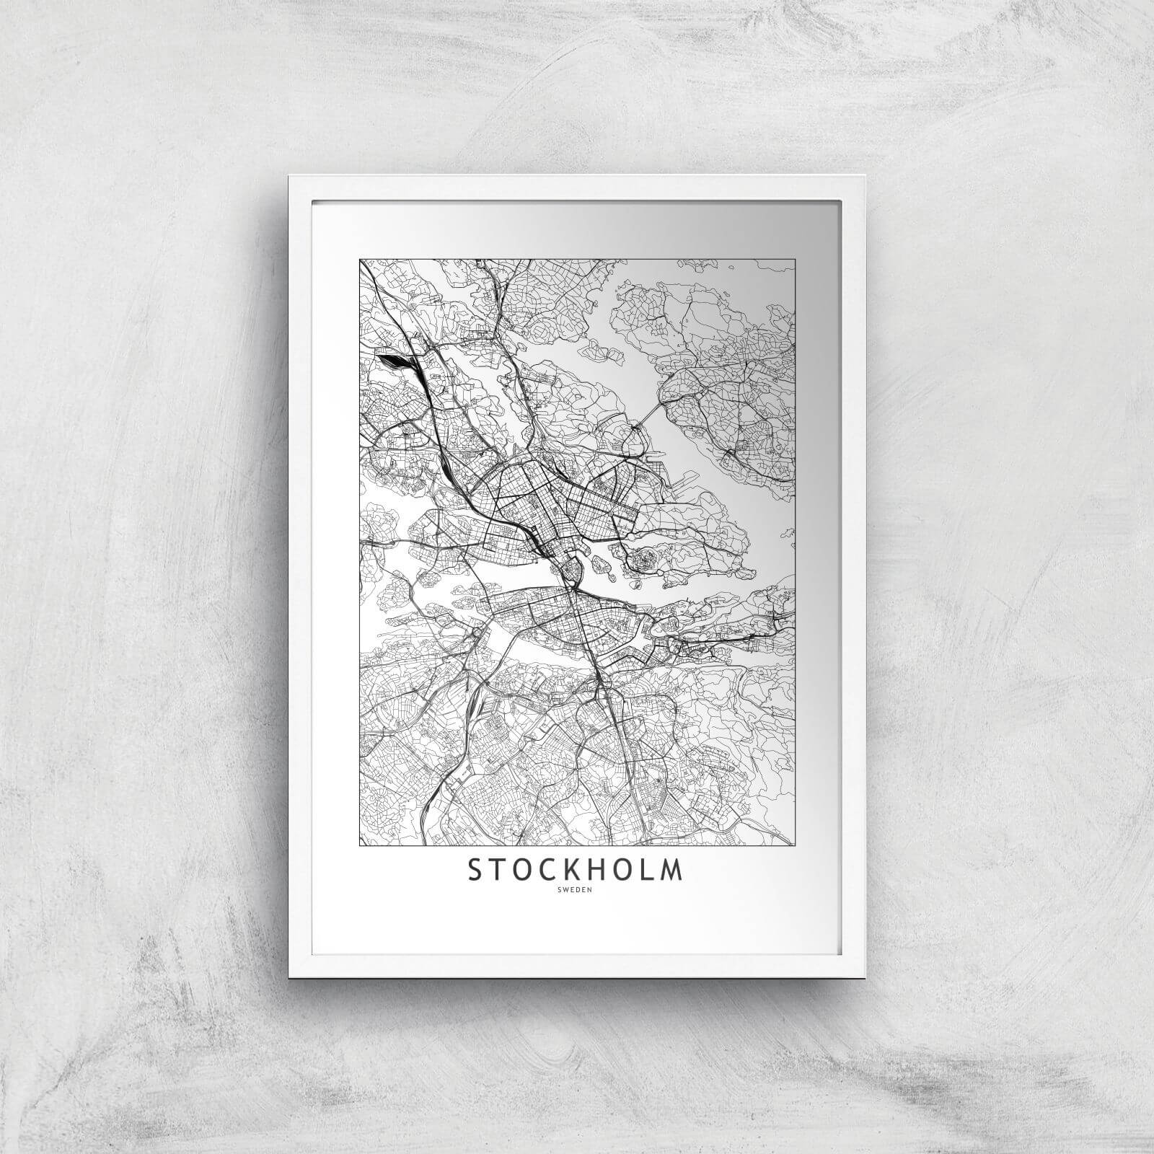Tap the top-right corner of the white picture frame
click(x=865, y=176)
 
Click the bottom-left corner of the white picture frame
click(x=288, y=956)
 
